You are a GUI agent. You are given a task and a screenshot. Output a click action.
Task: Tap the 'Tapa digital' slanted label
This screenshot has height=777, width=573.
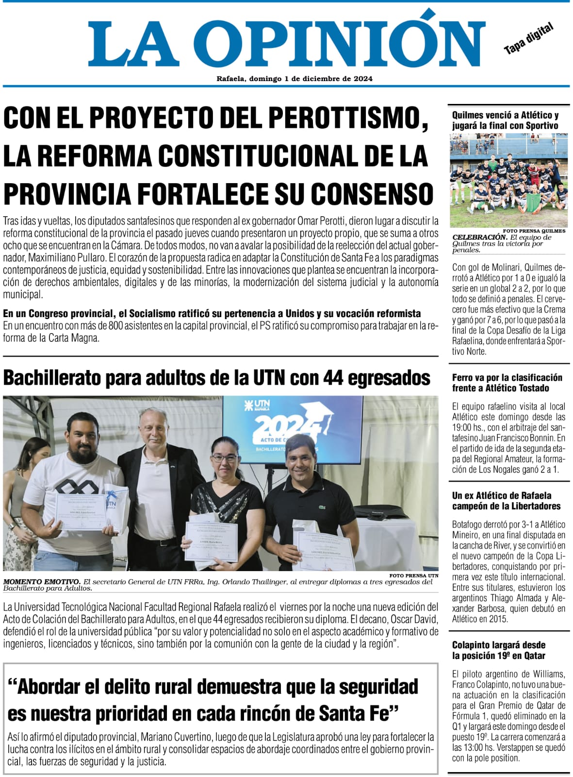[529, 39]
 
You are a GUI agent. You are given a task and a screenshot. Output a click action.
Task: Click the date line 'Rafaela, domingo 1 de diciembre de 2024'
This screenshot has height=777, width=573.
[295, 79]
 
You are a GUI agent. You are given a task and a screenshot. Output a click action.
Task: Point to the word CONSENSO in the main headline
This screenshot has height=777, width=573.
[372, 194]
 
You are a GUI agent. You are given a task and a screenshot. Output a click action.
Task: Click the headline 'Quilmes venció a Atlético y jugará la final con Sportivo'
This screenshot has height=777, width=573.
[505, 120]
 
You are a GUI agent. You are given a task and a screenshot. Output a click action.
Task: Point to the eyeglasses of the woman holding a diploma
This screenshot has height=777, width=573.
[225, 457]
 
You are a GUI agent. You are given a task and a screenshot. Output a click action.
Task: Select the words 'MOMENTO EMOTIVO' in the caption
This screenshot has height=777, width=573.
[42, 581]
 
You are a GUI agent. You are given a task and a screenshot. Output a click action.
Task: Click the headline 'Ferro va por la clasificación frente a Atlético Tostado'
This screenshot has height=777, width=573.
[507, 383]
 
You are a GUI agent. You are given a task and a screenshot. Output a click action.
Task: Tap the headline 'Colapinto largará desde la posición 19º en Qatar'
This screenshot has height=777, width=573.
[499, 650]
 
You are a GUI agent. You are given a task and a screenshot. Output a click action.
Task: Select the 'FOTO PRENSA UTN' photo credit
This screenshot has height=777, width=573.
[414, 575]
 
